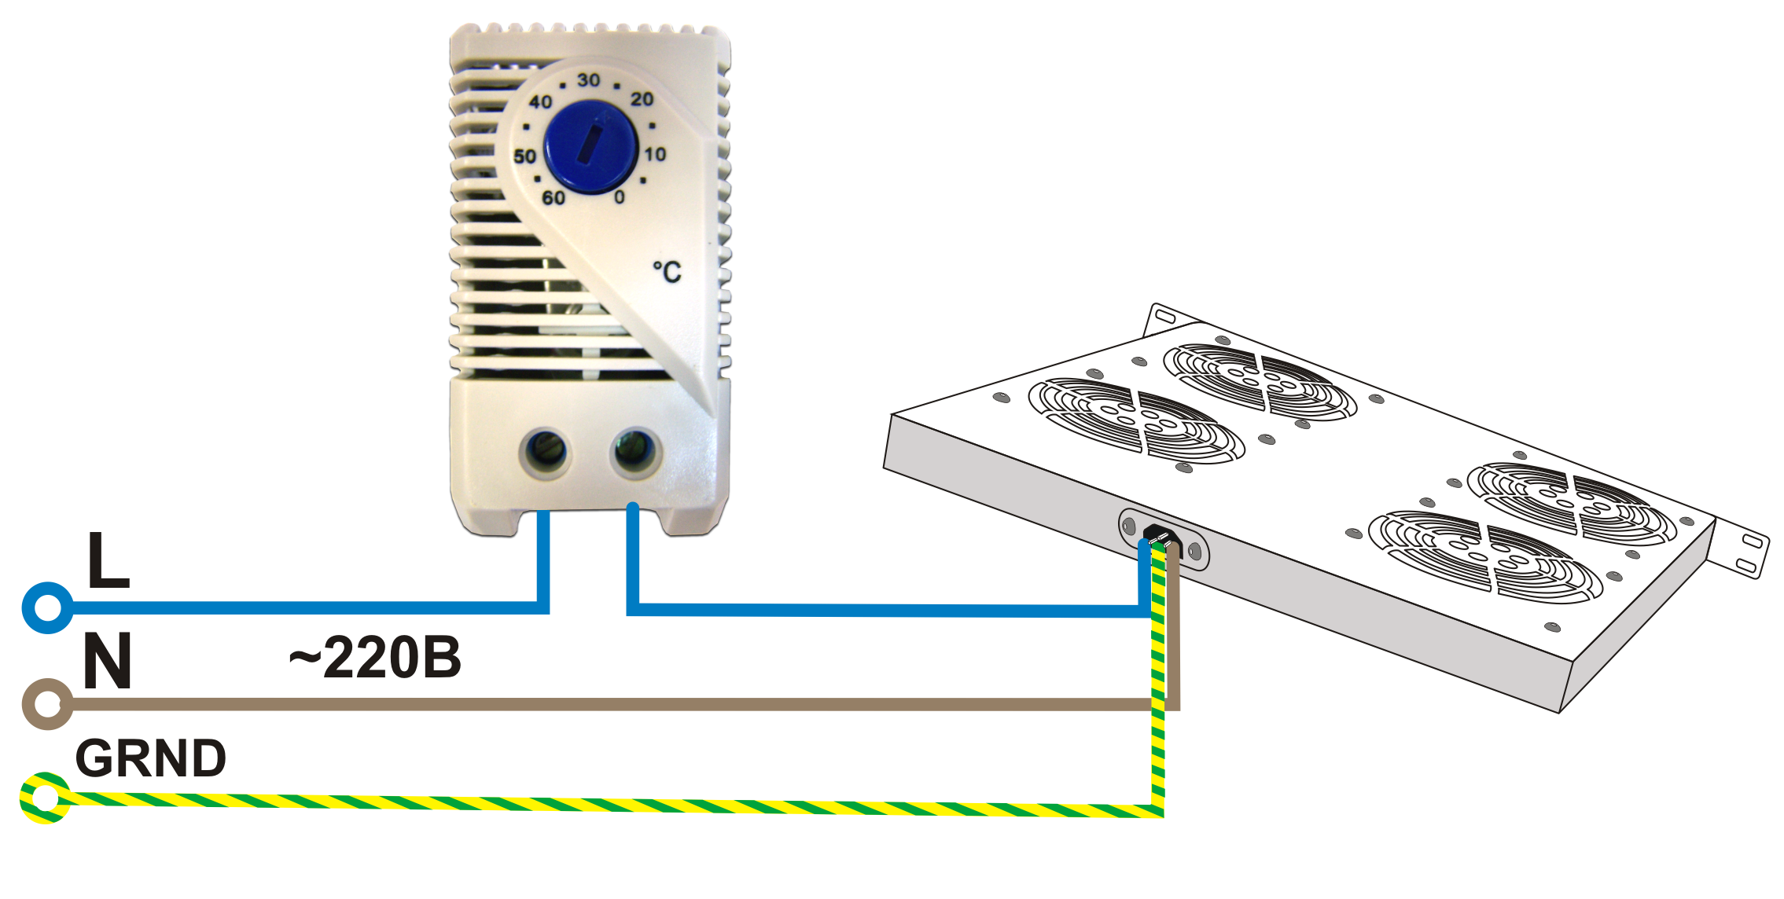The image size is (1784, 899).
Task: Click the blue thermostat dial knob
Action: tap(590, 146)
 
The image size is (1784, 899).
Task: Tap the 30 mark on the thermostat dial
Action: tap(588, 80)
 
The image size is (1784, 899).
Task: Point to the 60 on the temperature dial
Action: tap(554, 197)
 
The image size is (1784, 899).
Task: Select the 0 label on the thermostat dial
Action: tap(620, 196)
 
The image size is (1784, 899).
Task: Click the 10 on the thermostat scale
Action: tap(655, 154)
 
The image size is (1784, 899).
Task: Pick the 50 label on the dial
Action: tap(524, 156)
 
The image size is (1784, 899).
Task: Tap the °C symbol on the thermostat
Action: tap(667, 272)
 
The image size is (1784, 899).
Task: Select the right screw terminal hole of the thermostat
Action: tap(635, 451)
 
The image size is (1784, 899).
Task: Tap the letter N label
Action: tap(107, 662)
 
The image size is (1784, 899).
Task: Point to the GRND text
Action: tap(150, 758)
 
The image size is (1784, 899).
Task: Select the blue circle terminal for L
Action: tap(48, 607)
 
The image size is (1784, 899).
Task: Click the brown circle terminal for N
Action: tap(48, 703)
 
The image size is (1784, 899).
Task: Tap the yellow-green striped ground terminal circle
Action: tap(46, 798)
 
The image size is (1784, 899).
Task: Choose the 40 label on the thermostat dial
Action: tap(540, 101)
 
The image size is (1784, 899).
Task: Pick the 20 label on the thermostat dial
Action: tap(642, 99)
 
